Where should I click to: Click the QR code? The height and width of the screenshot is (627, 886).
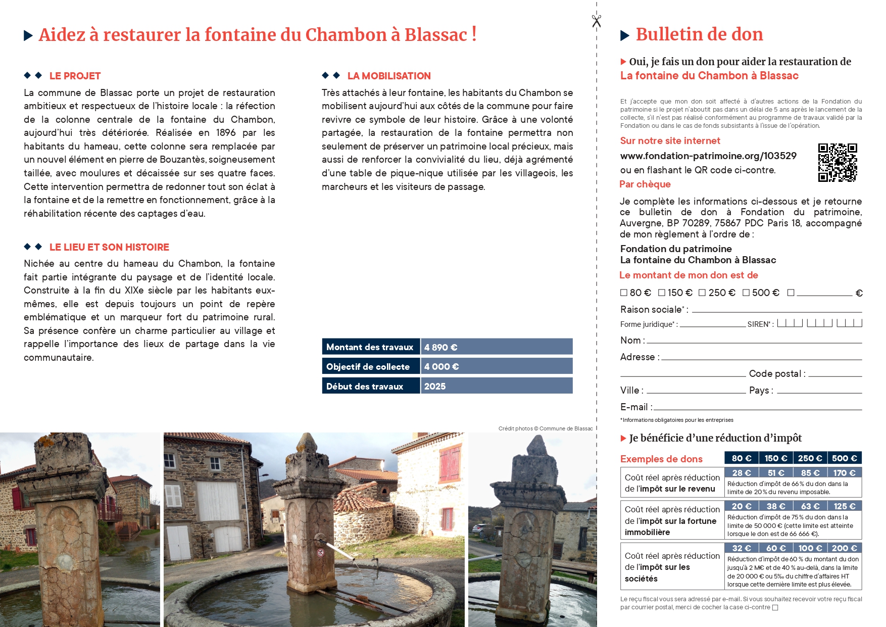pyautogui.click(x=838, y=162)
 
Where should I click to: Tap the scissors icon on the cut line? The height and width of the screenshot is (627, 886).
pyautogui.click(x=597, y=21)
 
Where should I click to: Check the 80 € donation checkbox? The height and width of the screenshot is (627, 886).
pyautogui.click(x=624, y=293)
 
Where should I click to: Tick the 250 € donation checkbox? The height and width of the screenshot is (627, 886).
pyautogui.click(x=702, y=293)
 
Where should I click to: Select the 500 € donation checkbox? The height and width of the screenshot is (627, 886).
pyautogui.click(x=746, y=293)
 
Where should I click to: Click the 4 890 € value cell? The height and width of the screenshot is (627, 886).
pyautogui.click(x=497, y=347)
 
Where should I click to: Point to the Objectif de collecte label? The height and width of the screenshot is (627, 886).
pyautogui.click(x=368, y=367)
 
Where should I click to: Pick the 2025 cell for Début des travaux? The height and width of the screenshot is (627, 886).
pyautogui.click(x=497, y=387)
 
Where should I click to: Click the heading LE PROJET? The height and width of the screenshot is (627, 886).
pyautogui.click(x=75, y=76)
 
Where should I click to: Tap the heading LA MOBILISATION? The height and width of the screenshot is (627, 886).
pyautogui.click(x=389, y=76)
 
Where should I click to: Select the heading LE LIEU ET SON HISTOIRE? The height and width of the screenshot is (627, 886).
pyautogui.click(x=109, y=248)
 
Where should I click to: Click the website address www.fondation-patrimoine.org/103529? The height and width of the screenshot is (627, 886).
pyautogui.click(x=708, y=156)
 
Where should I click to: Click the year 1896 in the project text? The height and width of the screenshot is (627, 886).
pyautogui.click(x=226, y=133)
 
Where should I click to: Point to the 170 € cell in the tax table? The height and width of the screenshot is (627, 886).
pyautogui.click(x=844, y=473)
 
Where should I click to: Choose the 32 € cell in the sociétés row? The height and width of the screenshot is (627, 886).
pyautogui.click(x=742, y=548)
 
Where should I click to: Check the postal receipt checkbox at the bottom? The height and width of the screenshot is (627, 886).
pyautogui.click(x=775, y=608)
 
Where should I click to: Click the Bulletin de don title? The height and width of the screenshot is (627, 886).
pyautogui.click(x=699, y=34)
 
